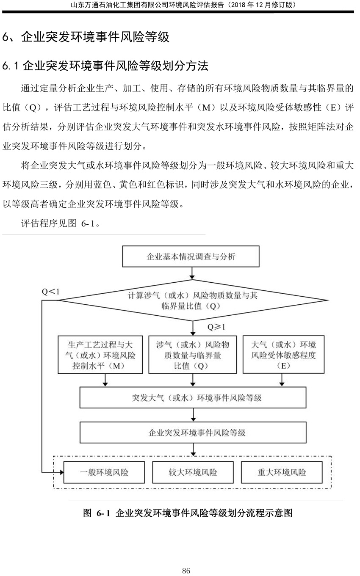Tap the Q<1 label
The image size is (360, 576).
[51, 292]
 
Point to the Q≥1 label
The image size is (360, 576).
[216, 327]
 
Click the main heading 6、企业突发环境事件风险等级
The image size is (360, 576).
[86, 37]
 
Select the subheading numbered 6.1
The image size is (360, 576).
[105, 66]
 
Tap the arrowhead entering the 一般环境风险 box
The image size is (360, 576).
[61, 472]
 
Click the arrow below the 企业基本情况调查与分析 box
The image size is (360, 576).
[192, 273]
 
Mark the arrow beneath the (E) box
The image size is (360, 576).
[282, 380]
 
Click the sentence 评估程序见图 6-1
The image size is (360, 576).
[60, 223]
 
